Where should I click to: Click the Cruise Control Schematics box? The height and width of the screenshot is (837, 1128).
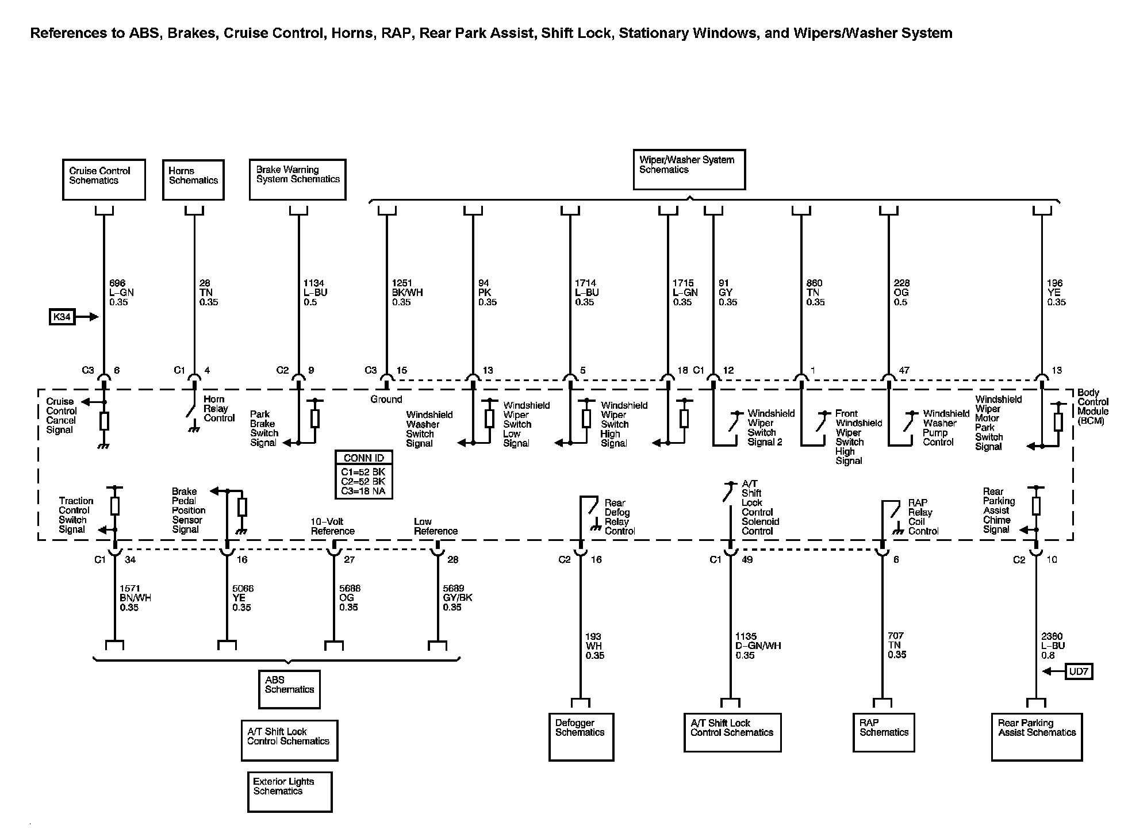tap(103, 180)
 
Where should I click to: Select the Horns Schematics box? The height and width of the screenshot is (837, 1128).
tap(193, 180)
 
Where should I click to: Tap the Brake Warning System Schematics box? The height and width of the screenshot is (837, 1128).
tap(297, 179)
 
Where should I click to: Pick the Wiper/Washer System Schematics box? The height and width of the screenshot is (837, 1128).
tap(689, 170)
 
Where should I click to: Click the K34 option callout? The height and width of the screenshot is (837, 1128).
tap(62, 317)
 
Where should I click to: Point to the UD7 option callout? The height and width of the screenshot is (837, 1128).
tap(1078, 671)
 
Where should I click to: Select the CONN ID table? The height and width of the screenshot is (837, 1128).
tap(363, 474)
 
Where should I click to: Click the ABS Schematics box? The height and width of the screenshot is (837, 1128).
tap(289, 689)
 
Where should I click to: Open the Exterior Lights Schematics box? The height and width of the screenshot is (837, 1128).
tap(289, 792)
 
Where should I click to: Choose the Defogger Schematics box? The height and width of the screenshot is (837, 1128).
tap(581, 736)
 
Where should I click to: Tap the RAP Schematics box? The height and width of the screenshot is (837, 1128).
tap(883, 732)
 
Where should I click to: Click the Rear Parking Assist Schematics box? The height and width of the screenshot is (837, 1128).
tap(1037, 736)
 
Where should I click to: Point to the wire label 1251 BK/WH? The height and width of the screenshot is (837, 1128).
tap(407, 293)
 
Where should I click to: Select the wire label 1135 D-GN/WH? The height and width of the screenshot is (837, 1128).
tap(758, 646)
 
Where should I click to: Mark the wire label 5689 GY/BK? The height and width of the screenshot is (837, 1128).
tap(457, 598)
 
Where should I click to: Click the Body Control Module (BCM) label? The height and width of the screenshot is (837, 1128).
tap(1092, 406)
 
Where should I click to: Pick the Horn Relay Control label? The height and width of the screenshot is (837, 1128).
tap(219, 409)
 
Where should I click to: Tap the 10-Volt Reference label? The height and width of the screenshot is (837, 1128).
tap(332, 526)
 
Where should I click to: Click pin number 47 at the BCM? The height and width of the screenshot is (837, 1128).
tap(904, 370)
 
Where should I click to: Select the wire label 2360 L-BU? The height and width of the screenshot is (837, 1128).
tap(1053, 646)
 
